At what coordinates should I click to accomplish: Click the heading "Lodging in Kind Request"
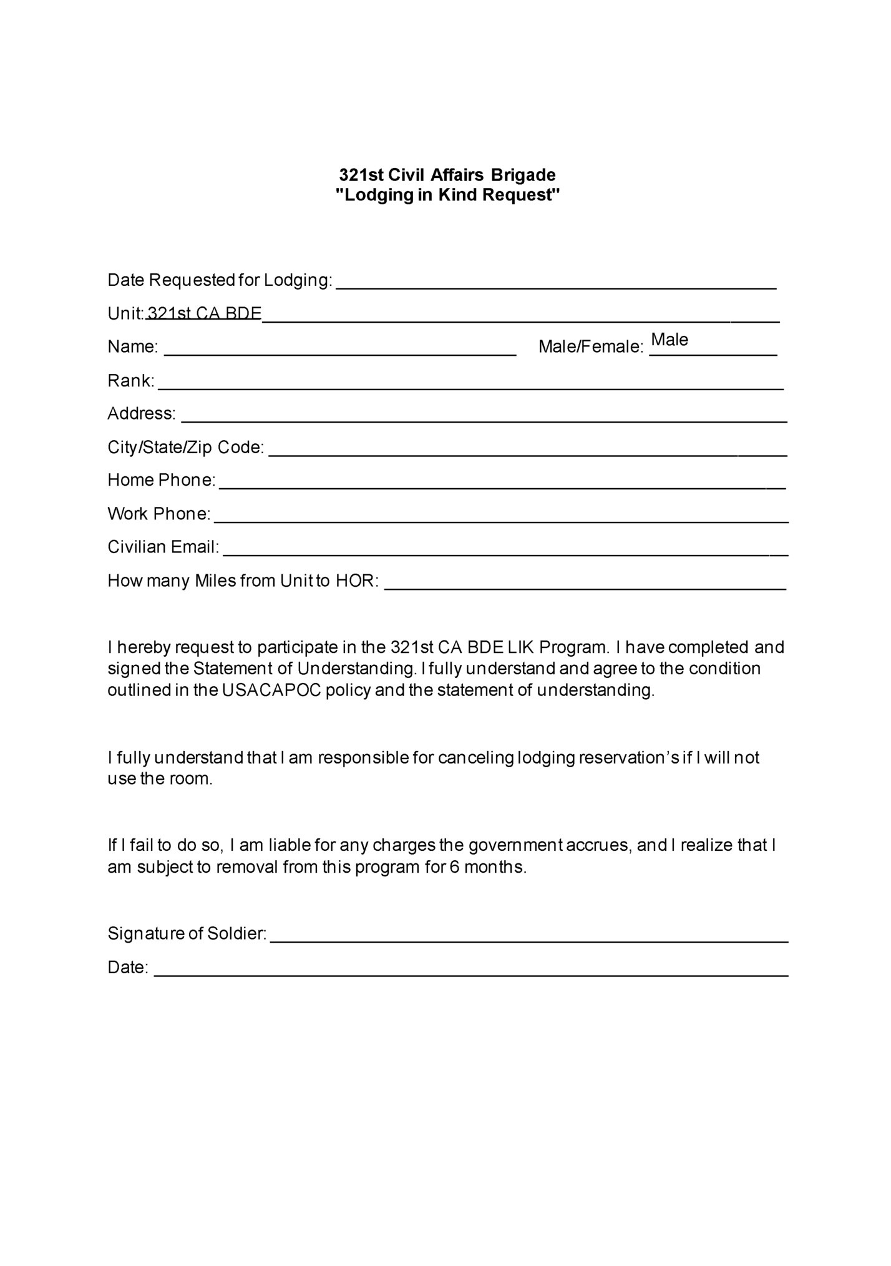coord(447,195)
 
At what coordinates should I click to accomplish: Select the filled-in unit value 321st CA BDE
coord(204,313)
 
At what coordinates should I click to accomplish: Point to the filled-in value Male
coord(669,340)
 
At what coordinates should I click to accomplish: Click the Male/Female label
coord(590,347)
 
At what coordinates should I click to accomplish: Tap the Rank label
coord(130,381)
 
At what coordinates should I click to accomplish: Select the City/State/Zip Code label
coord(185,448)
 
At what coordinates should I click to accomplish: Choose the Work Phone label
coord(158,514)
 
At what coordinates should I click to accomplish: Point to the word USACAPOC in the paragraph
coord(273,690)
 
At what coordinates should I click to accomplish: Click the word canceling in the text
coord(475,758)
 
